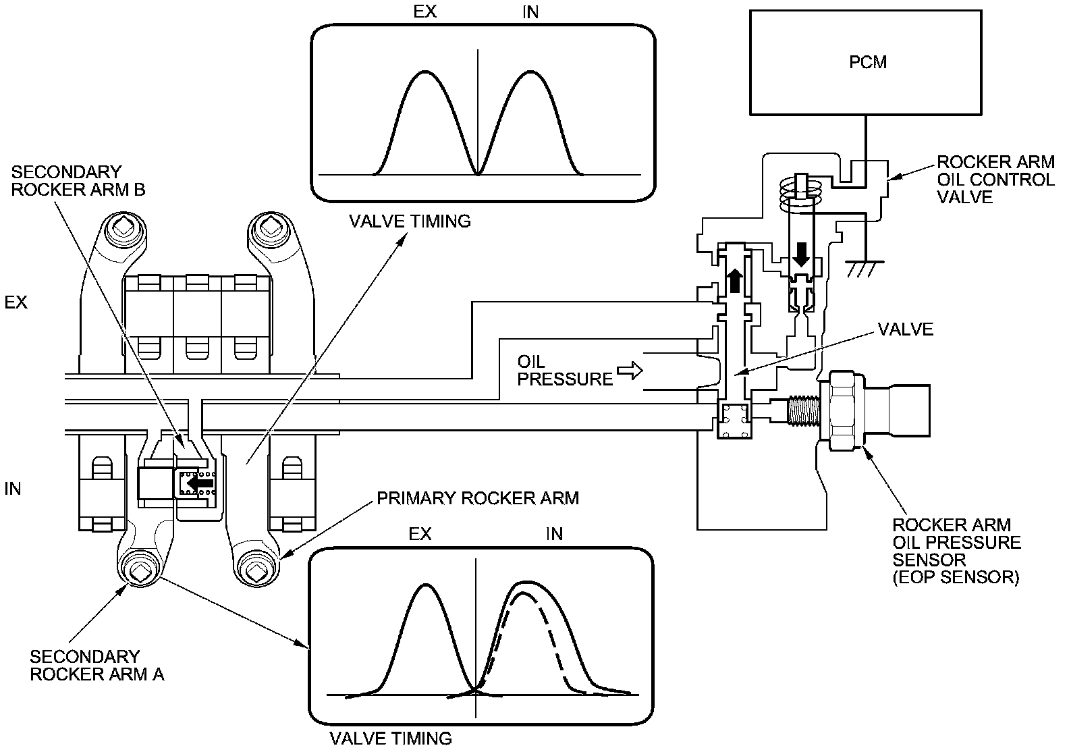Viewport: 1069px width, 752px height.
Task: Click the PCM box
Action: coord(865,62)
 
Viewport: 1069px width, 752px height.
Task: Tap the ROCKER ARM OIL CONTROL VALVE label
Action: coord(995,180)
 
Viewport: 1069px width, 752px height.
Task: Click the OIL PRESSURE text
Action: coord(564,371)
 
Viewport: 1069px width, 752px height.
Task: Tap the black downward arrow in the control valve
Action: coord(801,254)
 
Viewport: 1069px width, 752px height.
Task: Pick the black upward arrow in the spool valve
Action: coord(734,279)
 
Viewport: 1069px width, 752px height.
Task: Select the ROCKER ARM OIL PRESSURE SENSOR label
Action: coord(956,551)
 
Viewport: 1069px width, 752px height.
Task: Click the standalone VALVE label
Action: coord(905,329)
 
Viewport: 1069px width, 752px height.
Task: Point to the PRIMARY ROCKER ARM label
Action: coord(478,498)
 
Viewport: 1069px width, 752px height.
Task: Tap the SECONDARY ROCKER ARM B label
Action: coord(78,181)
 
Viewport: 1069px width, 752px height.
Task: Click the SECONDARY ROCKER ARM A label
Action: coord(97,665)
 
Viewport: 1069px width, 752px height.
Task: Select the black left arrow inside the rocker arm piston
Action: coord(199,483)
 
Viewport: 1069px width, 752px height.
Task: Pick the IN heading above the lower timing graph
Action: coord(554,534)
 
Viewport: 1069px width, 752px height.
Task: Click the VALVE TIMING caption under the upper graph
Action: coord(410,221)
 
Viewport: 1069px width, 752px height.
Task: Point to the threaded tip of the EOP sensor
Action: coord(802,410)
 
